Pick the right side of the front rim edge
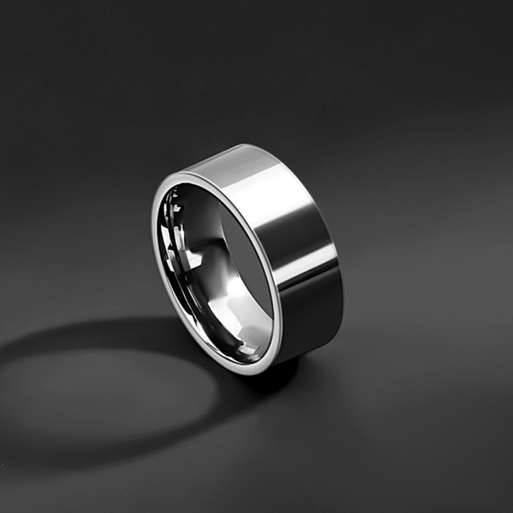(x=278, y=295)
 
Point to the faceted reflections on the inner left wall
(x=174, y=243)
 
